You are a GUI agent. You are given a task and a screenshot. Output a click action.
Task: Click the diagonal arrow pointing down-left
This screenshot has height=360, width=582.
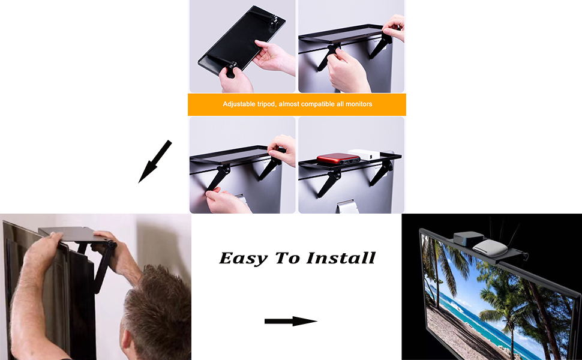pyautogui.click(x=155, y=161)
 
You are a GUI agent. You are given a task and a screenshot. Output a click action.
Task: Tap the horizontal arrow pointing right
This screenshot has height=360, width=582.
pyautogui.click(x=290, y=322)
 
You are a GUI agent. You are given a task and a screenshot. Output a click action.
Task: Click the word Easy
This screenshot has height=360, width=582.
pyautogui.click(x=243, y=258)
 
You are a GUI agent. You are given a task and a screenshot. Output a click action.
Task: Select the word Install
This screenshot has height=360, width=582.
pyautogui.click(x=341, y=258)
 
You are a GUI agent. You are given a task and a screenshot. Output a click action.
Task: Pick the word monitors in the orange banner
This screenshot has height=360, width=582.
pyautogui.click(x=358, y=104)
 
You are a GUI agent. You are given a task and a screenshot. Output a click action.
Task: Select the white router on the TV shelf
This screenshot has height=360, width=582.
pyautogui.click(x=486, y=246)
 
